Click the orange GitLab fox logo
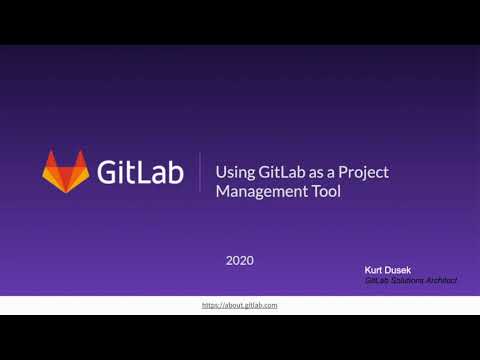[x=65, y=171]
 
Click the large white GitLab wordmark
[x=141, y=172]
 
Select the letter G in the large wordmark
[x=108, y=172]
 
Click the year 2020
[x=240, y=260]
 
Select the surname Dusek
[x=413, y=270]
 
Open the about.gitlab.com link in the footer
[x=239, y=304]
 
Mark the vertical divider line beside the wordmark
[x=200, y=172]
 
